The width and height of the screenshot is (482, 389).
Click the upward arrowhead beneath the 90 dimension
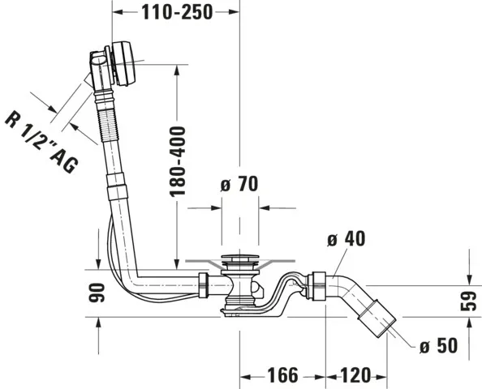point(97,324)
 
